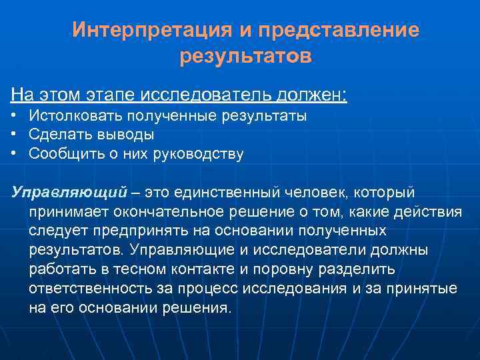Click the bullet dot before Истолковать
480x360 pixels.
[14, 116]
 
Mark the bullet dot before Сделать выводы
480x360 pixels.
[14, 135]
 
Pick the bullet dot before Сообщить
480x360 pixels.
[14, 154]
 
